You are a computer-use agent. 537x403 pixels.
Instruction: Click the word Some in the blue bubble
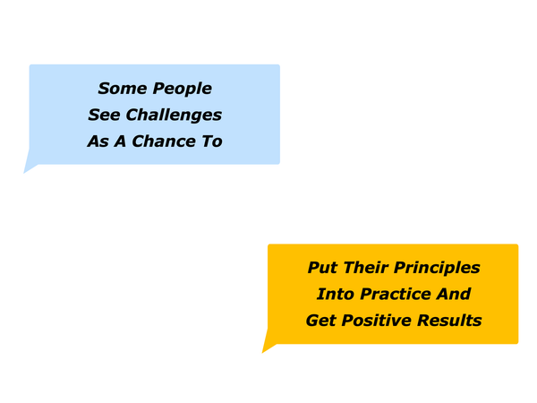[x=123, y=89]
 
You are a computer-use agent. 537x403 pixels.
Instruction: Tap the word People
[x=183, y=89]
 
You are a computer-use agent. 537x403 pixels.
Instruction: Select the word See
[x=104, y=115]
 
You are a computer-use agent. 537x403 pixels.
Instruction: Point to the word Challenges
[x=174, y=116]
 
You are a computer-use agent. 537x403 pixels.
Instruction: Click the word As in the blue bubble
[x=98, y=141]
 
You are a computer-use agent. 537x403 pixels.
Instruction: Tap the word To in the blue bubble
[x=212, y=141]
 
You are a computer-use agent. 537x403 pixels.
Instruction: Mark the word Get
[x=321, y=321]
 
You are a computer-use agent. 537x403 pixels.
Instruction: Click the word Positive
[x=377, y=321]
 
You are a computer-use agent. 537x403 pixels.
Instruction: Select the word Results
[x=449, y=321]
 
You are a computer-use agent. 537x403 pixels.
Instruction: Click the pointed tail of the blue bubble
[x=24, y=173]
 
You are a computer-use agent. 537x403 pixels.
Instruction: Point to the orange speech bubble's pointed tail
[x=262, y=353]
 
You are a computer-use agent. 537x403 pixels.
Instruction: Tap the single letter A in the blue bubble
[x=120, y=141]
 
